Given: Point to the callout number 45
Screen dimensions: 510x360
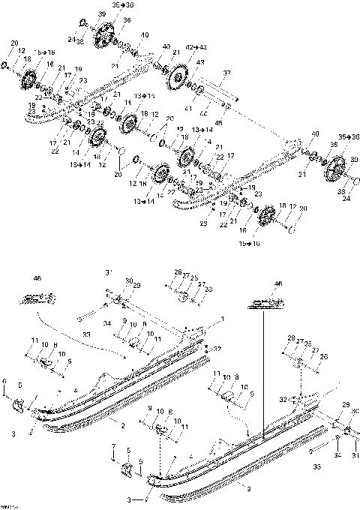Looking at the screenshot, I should pyautogui.click(x=219, y=122).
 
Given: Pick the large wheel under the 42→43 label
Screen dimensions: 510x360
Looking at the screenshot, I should pyautogui.click(x=178, y=77).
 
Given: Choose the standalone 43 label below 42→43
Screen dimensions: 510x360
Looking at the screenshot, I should pyautogui.click(x=200, y=63).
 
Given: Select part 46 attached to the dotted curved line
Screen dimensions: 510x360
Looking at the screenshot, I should pyautogui.click(x=40, y=298).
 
